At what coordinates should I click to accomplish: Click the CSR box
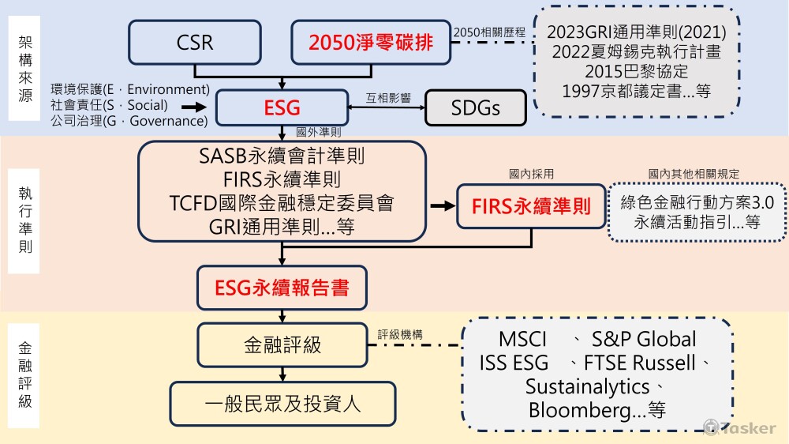[x=195, y=42]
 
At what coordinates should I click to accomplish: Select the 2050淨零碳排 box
[x=371, y=42]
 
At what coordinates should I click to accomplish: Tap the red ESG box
[x=282, y=107]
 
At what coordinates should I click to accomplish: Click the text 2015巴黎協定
[x=636, y=71]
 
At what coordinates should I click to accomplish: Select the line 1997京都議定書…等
[x=636, y=91]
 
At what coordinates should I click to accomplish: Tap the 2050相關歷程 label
[x=483, y=31]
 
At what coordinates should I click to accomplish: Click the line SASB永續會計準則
[x=282, y=156]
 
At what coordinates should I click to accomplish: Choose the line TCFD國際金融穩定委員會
[x=282, y=202]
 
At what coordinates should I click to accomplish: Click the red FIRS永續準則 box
[x=531, y=206]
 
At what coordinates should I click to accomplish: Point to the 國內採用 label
[x=531, y=173]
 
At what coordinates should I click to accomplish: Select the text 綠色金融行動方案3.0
[x=697, y=202]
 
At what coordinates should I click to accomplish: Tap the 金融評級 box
[x=282, y=344]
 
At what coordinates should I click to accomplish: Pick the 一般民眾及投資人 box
[x=282, y=403]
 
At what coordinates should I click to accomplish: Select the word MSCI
[x=523, y=340]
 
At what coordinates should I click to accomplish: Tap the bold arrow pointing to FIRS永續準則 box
[x=442, y=206]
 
